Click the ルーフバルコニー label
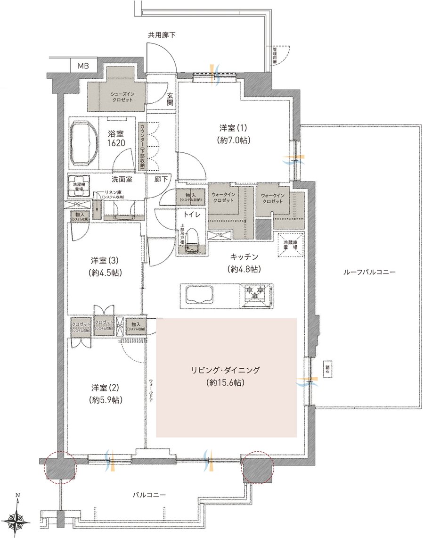[368, 272]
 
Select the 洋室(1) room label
[233, 127]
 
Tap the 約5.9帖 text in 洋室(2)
[105, 400]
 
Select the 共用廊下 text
[162, 34]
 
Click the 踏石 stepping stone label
[327, 368]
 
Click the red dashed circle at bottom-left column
[59, 467]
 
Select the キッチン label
[244, 256]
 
